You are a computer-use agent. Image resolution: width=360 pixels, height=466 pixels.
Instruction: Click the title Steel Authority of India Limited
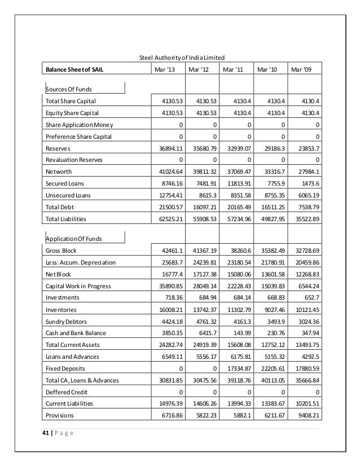(182, 58)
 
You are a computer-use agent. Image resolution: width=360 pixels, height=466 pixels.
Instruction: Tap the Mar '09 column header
(300, 70)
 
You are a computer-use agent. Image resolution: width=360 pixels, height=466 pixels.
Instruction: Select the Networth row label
(58, 172)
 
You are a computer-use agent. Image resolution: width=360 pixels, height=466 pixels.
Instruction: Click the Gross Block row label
(61, 250)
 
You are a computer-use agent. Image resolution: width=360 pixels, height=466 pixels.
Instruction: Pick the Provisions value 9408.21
(307, 416)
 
